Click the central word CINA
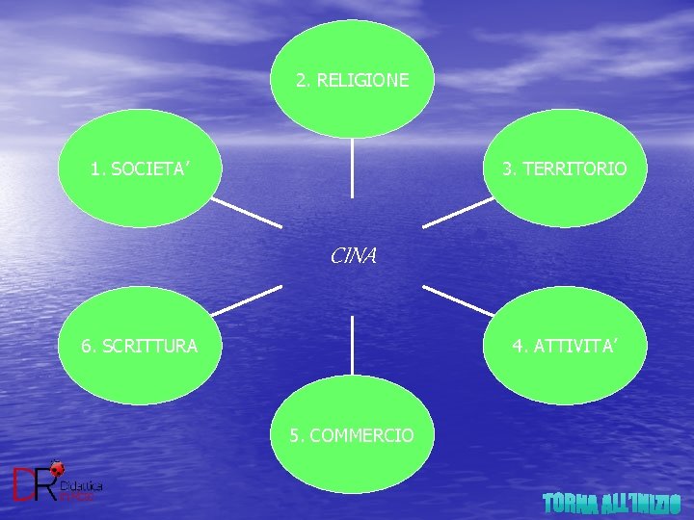(x=353, y=256)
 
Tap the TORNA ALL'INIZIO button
(x=611, y=503)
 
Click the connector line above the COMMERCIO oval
(x=352, y=345)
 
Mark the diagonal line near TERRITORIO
(x=458, y=213)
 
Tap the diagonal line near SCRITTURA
(x=246, y=301)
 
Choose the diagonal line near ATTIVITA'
(x=458, y=300)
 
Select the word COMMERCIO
(x=362, y=435)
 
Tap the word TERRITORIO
(x=575, y=169)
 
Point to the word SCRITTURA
(x=151, y=345)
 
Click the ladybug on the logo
(x=57, y=469)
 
